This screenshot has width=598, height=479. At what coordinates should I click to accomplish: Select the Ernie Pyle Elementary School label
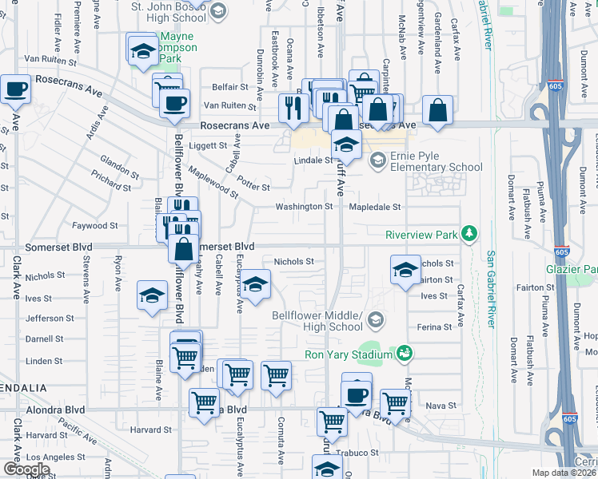click(x=437, y=161)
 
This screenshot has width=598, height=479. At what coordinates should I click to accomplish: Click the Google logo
click(x=26, y=469)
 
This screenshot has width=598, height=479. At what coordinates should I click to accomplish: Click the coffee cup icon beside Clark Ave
click(x=15, y=89)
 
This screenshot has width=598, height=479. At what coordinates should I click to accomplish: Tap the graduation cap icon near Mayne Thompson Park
click(x=142, y=51)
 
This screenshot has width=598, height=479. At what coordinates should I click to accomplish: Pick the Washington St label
click(x=304, y=207)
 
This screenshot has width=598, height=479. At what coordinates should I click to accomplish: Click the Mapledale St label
click(x=374, y=207)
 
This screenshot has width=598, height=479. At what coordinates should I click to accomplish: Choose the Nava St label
click(x=441, y=406)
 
